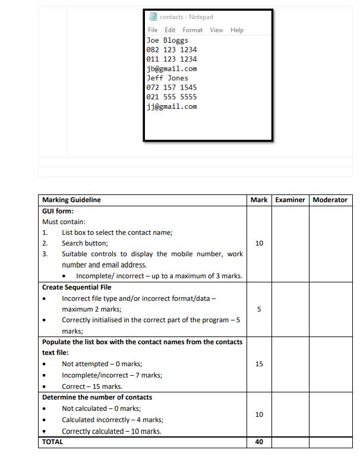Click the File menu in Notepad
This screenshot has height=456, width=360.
152,30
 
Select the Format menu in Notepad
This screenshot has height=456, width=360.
192,30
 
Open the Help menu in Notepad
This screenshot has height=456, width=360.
237,30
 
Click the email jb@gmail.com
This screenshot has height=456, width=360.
172,68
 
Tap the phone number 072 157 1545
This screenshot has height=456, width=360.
172,87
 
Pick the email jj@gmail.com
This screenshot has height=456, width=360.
172,106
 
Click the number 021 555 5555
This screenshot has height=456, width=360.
172,97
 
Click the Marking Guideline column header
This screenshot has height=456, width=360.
71,200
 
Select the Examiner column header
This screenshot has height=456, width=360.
290,200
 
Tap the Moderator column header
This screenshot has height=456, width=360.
330,200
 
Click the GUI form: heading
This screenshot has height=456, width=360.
58,210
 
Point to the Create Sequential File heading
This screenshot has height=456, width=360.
77,287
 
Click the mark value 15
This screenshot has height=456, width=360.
259,364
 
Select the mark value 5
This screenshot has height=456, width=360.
259,309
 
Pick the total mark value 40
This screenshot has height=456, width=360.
259,442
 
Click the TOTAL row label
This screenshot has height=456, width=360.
52,442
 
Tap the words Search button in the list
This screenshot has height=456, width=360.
85,243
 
